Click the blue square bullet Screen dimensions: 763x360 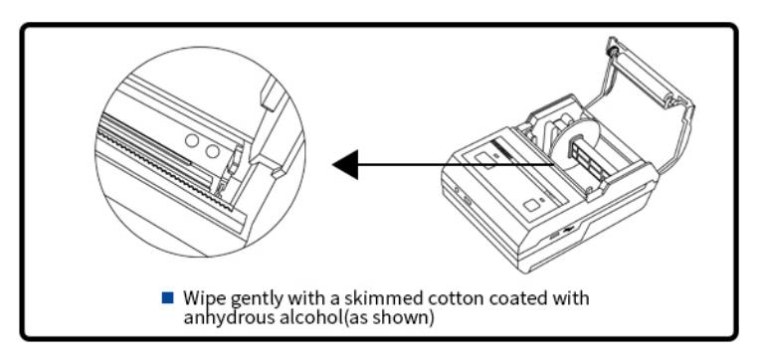pos(167,297)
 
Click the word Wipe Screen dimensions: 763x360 pos(204,298)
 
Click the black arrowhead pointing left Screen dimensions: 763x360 pos(345,164)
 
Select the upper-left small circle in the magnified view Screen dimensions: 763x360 pos(192,141)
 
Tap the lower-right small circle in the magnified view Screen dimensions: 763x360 pos(213,151)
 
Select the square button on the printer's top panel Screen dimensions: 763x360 pos(531,205)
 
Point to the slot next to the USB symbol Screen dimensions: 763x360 pos(554,236)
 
